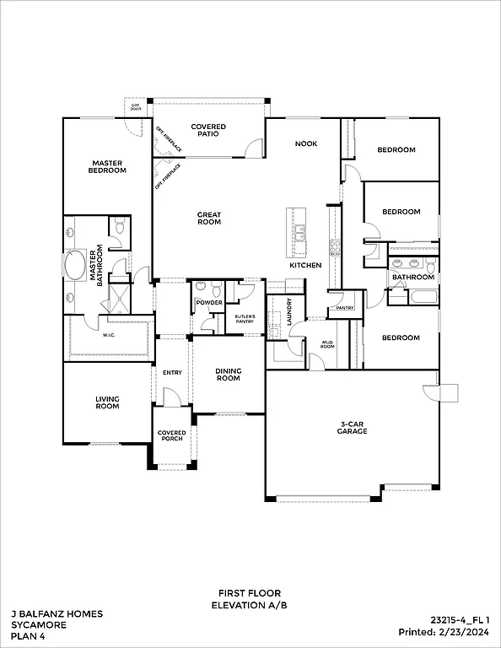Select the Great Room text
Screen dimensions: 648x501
[x=209, y=218]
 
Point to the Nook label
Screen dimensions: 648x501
[x=305, y=143]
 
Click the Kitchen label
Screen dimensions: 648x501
[x=305, y=266]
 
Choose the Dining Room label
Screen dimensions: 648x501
[x=228, y=375]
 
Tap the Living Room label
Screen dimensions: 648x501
[x=107, y=402]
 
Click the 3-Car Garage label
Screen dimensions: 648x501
[x=353, y=428]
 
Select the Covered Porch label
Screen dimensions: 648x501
[x=172, y=436]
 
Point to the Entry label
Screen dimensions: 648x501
[x=172, y=372]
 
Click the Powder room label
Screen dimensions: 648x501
[x=208, y=303]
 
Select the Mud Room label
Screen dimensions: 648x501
[x=327, y=344]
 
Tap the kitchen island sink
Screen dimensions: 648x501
[x=300, y=227]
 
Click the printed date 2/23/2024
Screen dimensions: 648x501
[x=466, y=631]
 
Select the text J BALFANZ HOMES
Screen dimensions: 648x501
[x=57, y=614]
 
